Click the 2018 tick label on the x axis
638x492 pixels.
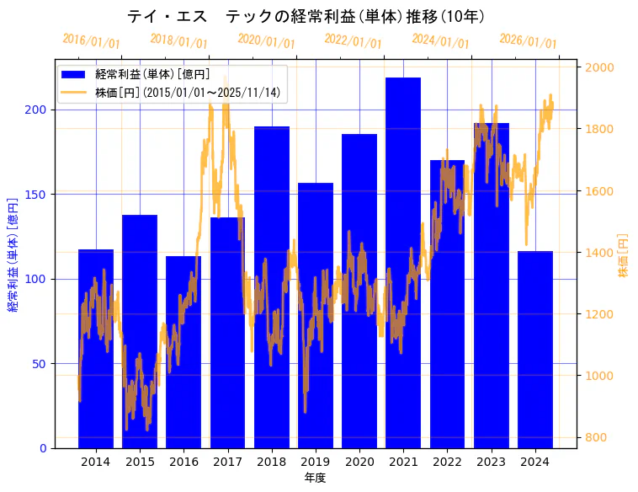[x=271, y=462]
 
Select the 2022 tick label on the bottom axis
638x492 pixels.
[x=447, y=462]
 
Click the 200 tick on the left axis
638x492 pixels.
[x=39, y=110]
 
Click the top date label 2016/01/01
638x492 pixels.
[x=92, y=40]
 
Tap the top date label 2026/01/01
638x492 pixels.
[x=528, y=40]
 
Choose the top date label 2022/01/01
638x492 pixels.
[x=353, y=40]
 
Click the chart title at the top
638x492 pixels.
[x=306, y=17]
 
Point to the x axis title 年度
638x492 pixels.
[x=315, y=478]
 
